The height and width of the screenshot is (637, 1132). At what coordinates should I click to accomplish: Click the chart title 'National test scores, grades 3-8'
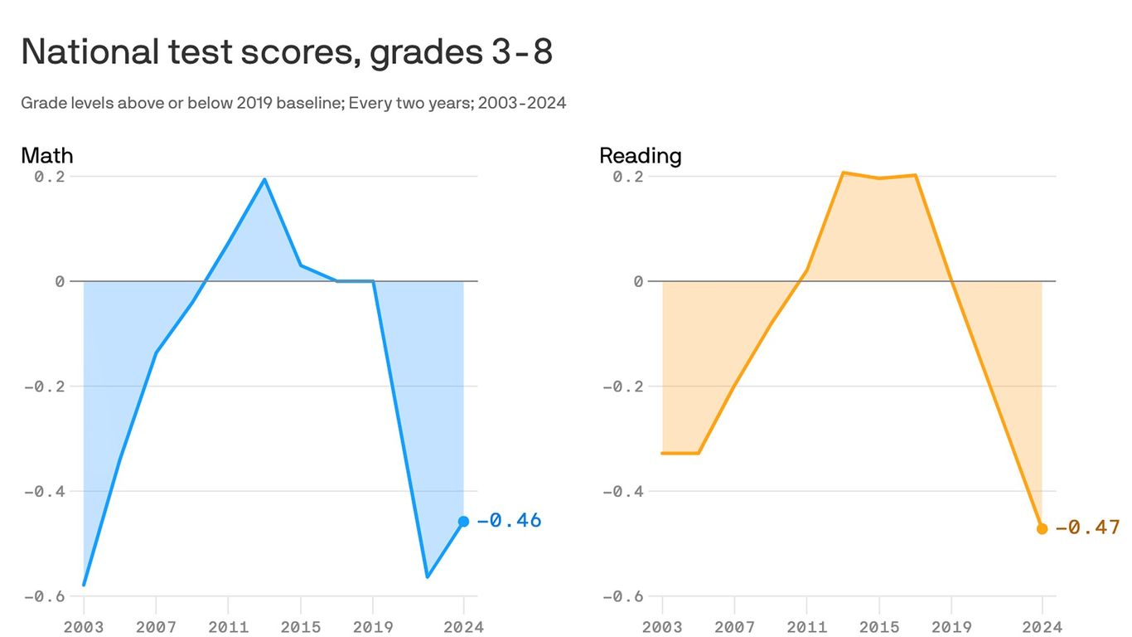coord(286,52)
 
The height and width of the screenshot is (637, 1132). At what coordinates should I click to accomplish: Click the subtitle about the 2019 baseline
coord(293,104)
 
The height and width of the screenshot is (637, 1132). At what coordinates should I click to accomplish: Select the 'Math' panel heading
coord(46,155)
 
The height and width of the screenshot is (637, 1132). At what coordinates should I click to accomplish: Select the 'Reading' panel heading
coord(640,155)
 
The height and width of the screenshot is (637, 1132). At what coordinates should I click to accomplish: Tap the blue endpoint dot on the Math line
coord(463,522)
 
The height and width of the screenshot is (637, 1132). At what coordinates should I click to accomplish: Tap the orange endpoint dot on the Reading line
coord(1042,528)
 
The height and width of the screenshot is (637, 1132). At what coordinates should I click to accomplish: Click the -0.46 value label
coord(508,521)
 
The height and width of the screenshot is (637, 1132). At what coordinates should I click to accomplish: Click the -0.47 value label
coord(1086,528)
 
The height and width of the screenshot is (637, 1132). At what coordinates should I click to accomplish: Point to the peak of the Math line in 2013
coord(264,179)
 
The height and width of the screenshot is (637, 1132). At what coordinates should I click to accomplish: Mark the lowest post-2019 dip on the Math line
coord(427,576)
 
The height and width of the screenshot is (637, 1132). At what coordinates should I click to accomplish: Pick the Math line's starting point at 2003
coord(84,585)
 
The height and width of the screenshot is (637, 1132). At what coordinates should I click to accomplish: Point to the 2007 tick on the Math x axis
coord(156,626)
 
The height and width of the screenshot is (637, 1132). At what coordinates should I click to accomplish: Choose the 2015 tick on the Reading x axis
coord(878,626)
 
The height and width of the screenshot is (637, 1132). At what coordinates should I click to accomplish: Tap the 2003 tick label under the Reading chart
coord(662,626)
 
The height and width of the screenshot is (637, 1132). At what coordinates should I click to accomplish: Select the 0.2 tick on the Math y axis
coord(50,177)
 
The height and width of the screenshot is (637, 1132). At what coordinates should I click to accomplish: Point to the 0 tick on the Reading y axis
coord(638,282)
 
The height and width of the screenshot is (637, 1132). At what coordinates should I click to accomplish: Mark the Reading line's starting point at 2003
coord(662,453)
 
